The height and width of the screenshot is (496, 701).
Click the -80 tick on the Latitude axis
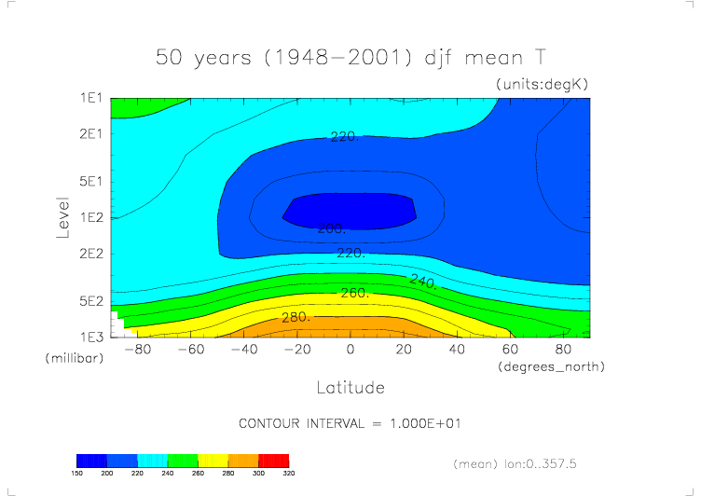138,350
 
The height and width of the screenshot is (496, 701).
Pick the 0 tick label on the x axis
350,350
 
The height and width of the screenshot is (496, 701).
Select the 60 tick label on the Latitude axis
510,350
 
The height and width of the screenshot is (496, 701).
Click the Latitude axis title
350,386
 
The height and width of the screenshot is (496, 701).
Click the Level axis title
63,216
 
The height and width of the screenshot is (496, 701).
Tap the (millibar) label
71,358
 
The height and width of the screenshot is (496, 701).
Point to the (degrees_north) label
551,366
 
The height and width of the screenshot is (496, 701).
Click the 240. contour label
423,281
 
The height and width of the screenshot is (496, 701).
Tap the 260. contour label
354,293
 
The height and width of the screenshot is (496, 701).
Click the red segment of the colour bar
273,461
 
